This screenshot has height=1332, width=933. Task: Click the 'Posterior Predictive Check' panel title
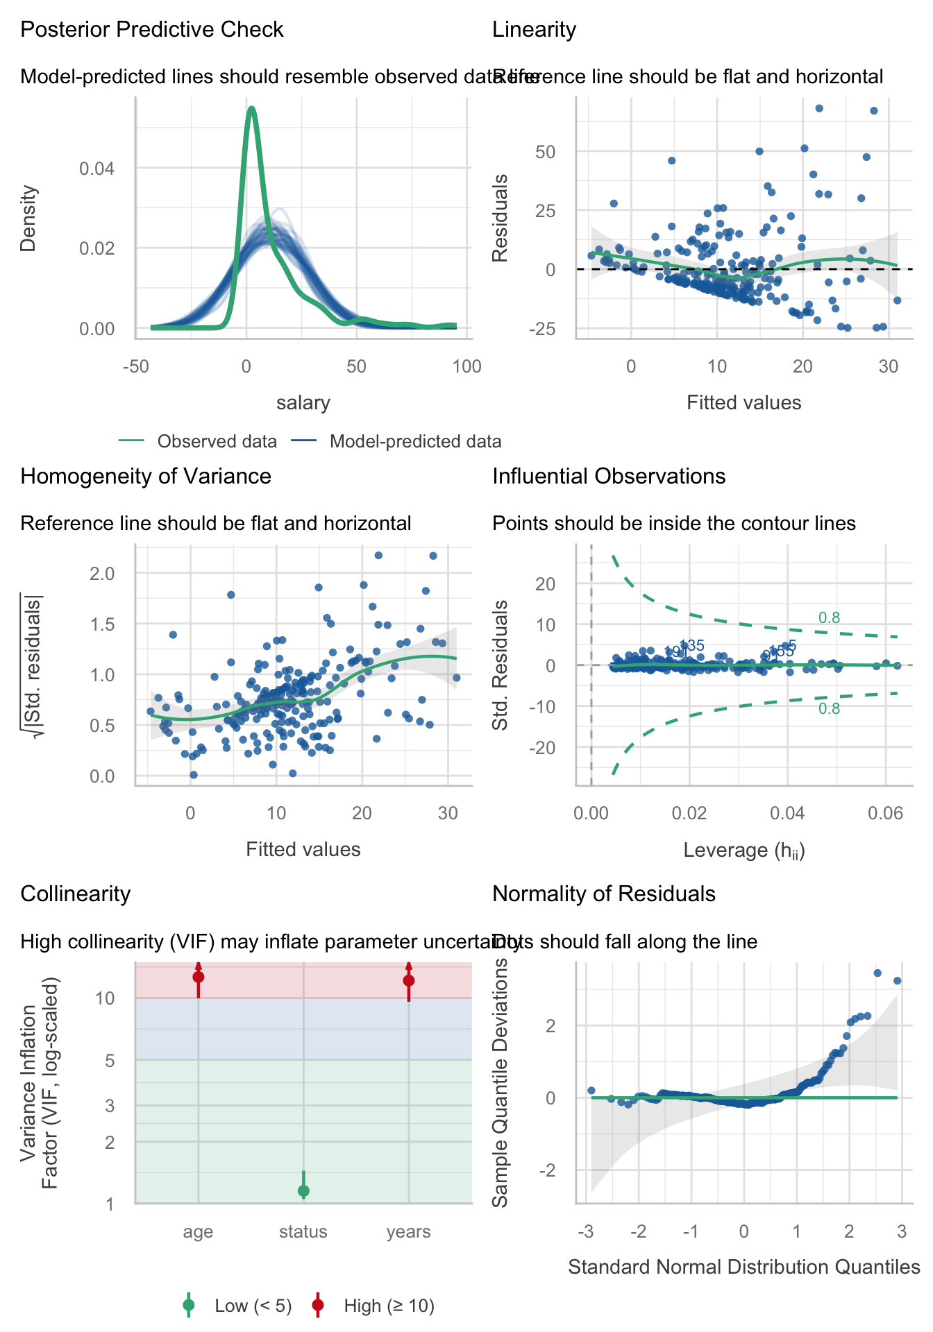[152, 30]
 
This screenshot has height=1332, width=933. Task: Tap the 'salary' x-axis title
[303, 403]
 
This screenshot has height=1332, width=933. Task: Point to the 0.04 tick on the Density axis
[96, 169]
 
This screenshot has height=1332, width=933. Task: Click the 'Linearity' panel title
[534, 30]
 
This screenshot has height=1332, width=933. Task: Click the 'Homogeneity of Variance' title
[146, 477]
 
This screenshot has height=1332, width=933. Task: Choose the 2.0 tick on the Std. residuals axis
[101, 573]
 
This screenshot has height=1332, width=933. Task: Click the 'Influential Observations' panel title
[609, 477]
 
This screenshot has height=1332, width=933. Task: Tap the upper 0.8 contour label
[829, 617]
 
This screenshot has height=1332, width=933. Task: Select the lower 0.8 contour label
[829, 709]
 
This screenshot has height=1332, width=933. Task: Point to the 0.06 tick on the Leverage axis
[885, 813]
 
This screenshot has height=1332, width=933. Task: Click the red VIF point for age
[199, 977]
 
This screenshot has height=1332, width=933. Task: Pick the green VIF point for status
[303, 1191]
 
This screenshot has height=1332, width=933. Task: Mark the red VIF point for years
[409, 980]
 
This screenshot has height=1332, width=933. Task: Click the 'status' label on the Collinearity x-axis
[303, 1232]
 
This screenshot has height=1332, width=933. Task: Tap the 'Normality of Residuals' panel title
[603, 894]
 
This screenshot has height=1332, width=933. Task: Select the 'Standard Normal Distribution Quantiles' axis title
[743, 1267]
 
